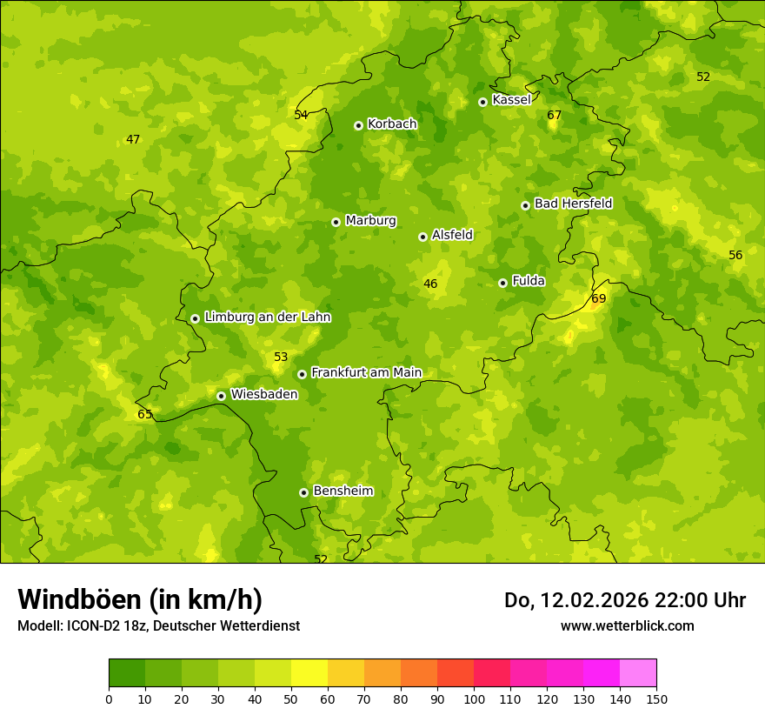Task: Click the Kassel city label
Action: [x=511, y=100]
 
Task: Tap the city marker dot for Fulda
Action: [x=502, y=283]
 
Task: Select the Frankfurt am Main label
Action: [x=366, y=372]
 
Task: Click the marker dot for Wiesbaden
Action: [x=221, y=396]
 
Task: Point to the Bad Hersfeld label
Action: [x=573, y=204]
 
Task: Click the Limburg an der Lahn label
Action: [x=267, y=318]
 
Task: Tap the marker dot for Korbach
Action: [x=358, y=125]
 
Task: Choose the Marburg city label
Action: [x=370, y=221]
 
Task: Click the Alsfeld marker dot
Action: [x=422, y=237]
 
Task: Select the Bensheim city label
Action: [x=343, y=491]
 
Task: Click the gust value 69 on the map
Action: [x=598, y=299]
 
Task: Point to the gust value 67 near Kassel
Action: [x=555, y=116]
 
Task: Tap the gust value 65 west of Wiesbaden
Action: [x=145, y=414]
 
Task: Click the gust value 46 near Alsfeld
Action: [x=430, y=284]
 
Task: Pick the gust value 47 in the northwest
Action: [x=133, y=139]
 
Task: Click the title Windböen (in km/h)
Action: [x=140, y=599]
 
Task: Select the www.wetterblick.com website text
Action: [x=627, y=625]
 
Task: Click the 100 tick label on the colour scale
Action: [x=474, y=699]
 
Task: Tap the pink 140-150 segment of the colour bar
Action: [x=638, y=672]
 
